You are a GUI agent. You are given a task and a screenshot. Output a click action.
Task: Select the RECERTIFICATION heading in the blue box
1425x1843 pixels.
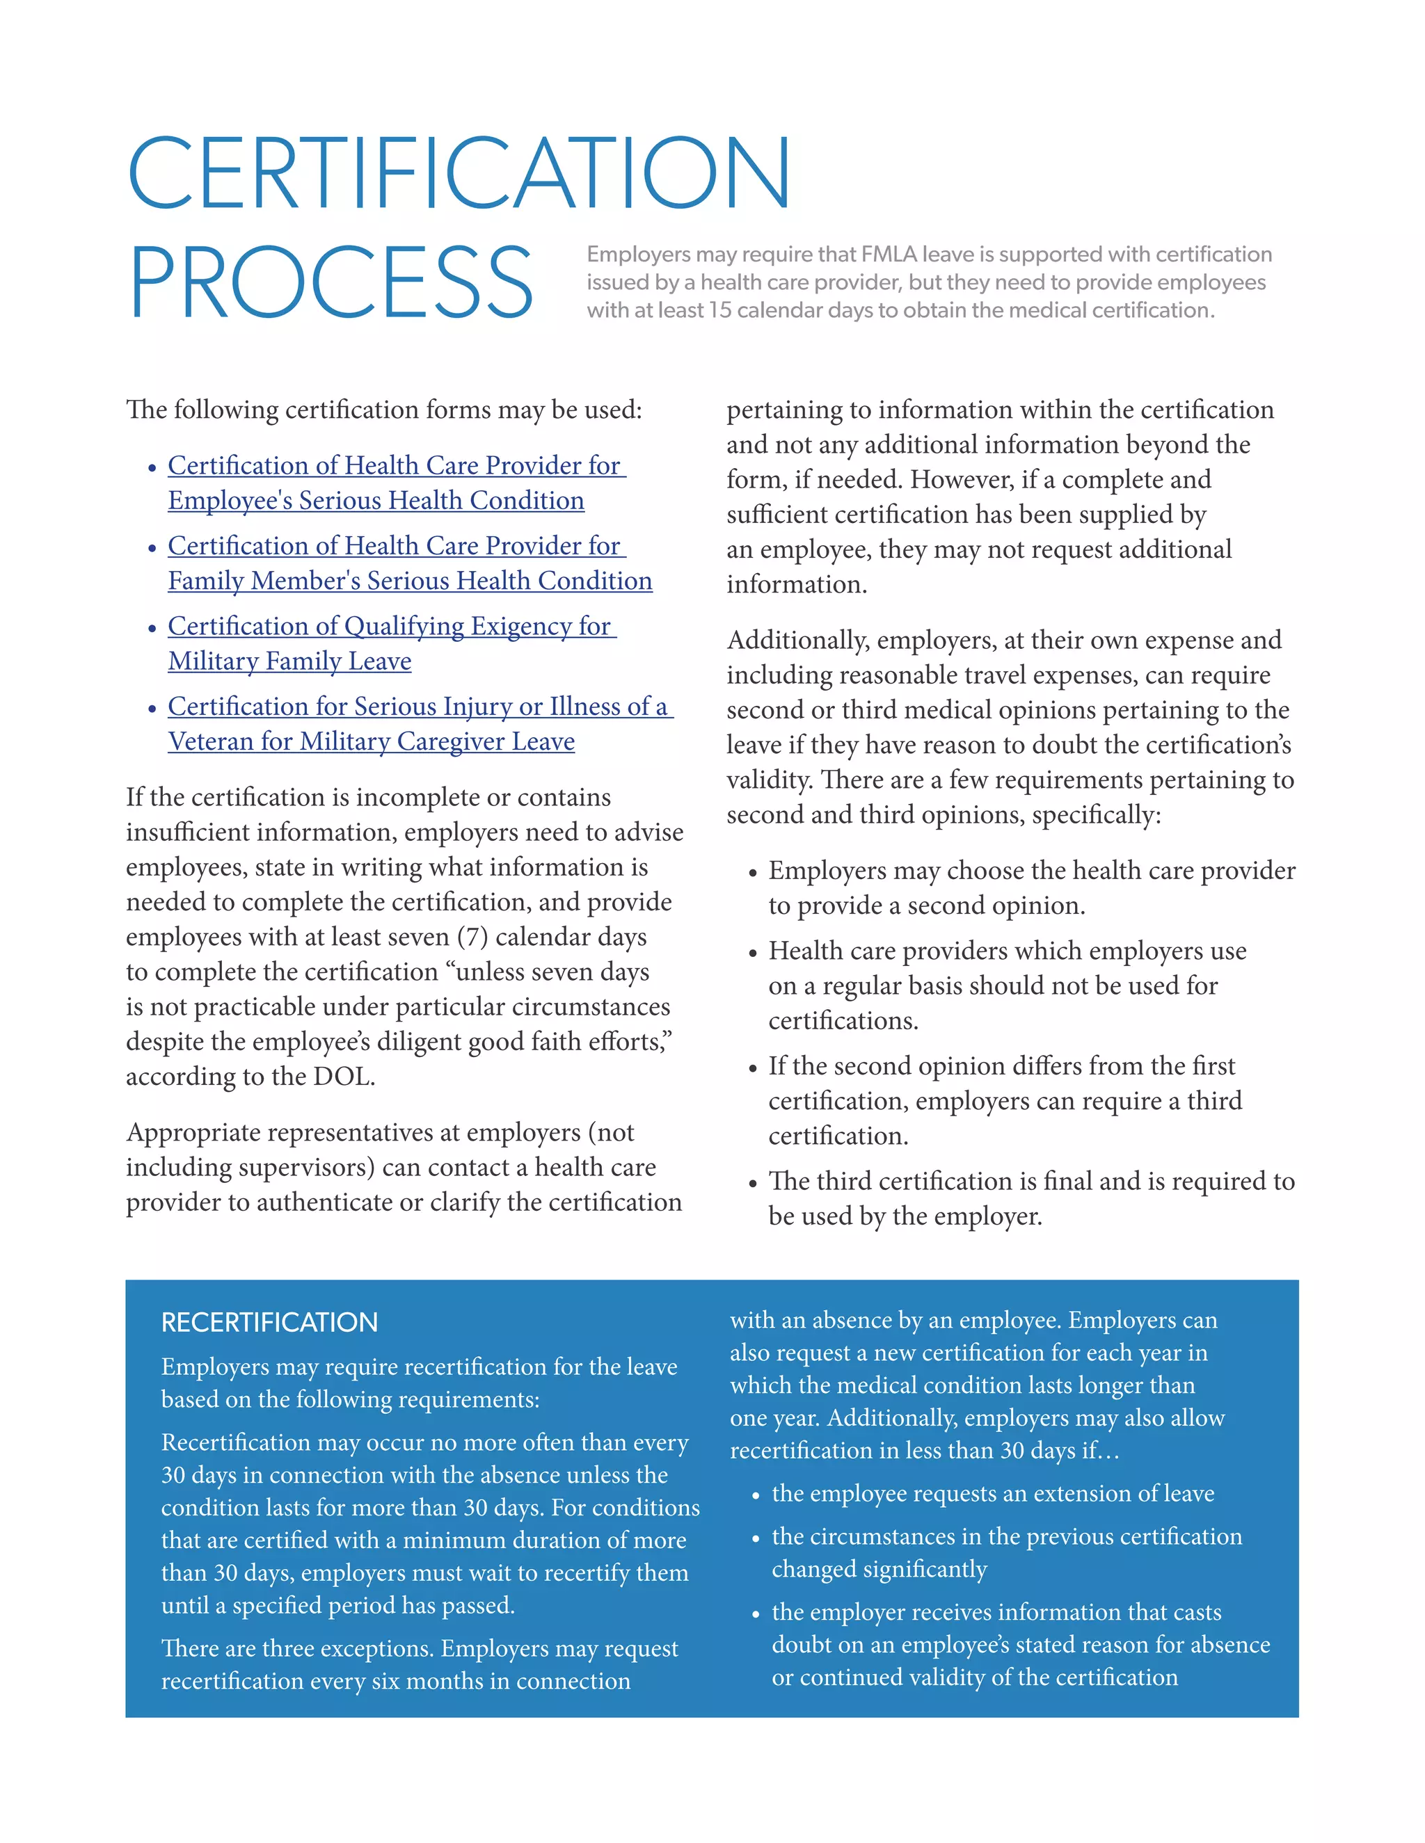point(269,1322)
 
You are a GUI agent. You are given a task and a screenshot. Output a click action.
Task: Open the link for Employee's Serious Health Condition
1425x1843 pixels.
point(376,501)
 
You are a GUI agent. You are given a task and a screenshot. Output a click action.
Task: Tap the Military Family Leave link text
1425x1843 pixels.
point(289,661)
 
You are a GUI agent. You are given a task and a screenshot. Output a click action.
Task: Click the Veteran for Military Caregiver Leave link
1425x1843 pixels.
point(372,741)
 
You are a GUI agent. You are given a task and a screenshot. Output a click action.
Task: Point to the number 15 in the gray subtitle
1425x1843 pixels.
point(719,311)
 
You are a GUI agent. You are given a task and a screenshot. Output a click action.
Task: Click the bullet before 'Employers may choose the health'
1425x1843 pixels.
point(753,874)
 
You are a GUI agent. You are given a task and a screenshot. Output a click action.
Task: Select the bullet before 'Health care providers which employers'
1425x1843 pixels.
point(753,953)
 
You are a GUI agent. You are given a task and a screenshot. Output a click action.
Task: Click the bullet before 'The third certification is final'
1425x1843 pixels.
point(753,1184)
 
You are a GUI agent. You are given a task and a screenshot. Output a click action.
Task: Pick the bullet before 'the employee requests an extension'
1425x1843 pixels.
point(756,1496)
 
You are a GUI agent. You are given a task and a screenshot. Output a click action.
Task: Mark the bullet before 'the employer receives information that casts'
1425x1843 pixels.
point(756,1615)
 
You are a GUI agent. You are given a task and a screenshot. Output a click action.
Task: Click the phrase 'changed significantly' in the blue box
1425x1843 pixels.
point(879,1569)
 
